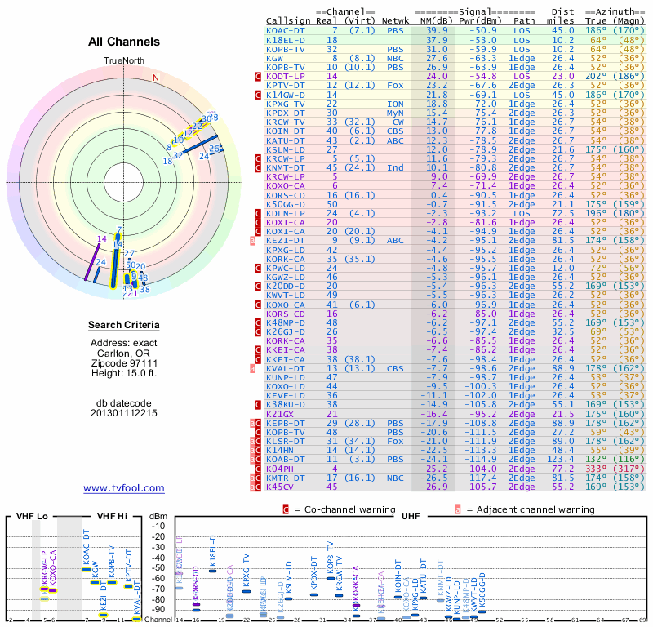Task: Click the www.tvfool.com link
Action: pyautogui.click(x=124, y=488)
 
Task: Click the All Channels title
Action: pyautogui.click(x=124, y=42)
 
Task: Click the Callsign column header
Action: pyautogui.click(x=289, y=20)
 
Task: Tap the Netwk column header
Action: pyautogui.click(x=395, y=20)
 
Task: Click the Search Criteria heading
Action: pyautogui.click(x=124, y=326)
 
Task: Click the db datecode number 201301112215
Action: pyautogui.click(x=124, y=412)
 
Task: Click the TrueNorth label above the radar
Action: pyautogui.click(x=124, y=61)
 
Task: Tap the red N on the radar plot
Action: pyautogui.click(x=156, y=78)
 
